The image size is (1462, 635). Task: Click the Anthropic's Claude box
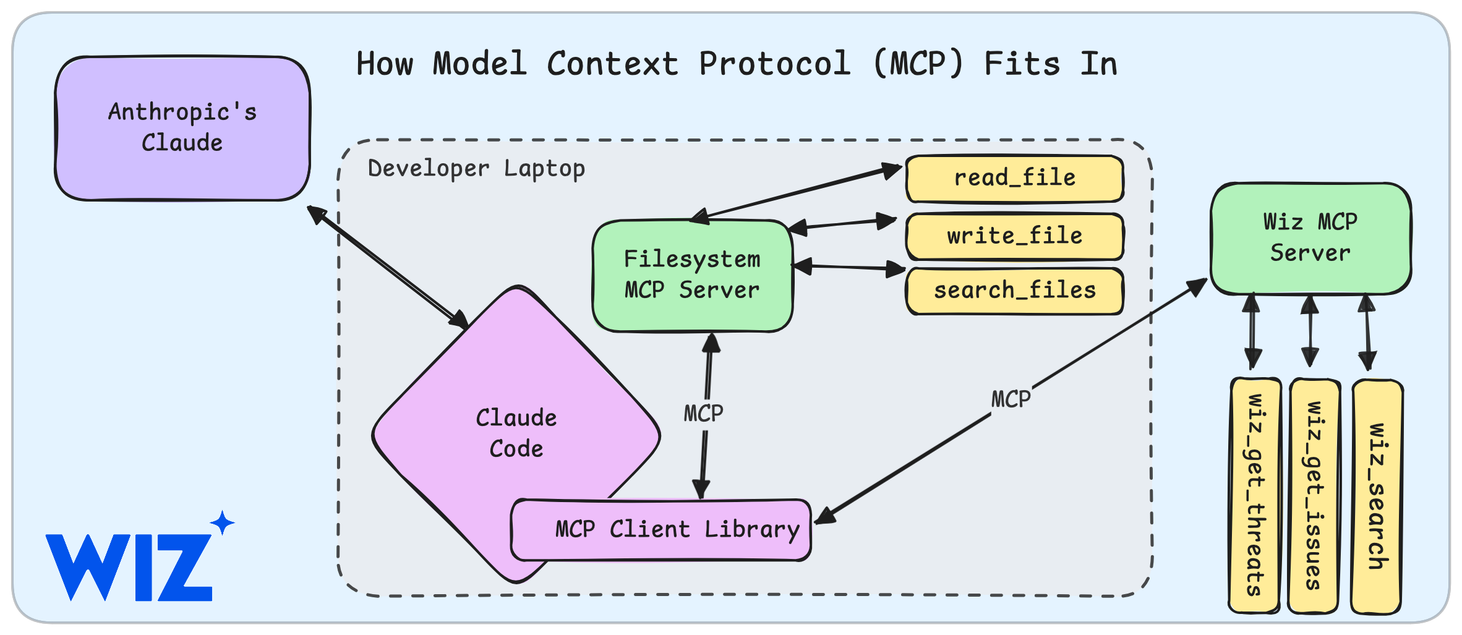pyautogui.click(x=182, y=129)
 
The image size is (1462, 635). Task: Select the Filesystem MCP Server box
pyautogui.click(x=693, y=276)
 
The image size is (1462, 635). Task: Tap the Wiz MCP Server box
pyautogui.click(x=1310, y=239)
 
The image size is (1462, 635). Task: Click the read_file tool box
pyautogui.click(x=1015, y=179)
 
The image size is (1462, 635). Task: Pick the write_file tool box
pyautogui.click(x=1015, y=237)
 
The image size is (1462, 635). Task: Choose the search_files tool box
pyautogui.click(x=1015, y=291)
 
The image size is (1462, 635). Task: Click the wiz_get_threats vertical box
pyautogui.click(x=1254, y=496)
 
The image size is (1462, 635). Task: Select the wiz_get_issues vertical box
pyautogui.click(x=1314, y=496)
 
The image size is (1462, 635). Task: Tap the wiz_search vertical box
pyautogui.click(x=1377, y=497)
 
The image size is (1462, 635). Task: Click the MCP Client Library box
pyautogui.click(x=661, y=530)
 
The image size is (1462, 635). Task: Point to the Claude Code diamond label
pyautogui.click(x=516, y=433)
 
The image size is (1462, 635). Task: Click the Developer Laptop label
pyautogui.click(x=476, y=168)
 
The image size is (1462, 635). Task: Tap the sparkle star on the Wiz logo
pyautogui.click(x=223, y=523)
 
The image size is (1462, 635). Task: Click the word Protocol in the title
pyautogui.click(x=775, y=63)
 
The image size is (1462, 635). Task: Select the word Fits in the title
pyautogui.click(x=1022, y=63)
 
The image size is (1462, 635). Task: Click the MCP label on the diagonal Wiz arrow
pyautogui.click(x=1011, y=399)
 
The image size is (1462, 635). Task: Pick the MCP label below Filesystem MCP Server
pyautogui.click(x=703, y=413)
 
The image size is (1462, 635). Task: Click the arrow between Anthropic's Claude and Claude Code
pyautogui.click(x=388, y=267)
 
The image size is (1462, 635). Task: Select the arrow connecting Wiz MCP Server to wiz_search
pyautogui.click(x=1367, y=333)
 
